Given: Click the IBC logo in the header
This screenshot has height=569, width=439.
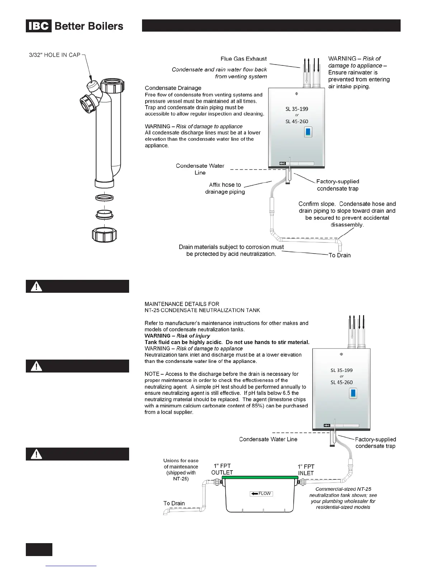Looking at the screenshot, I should tap(39, 26).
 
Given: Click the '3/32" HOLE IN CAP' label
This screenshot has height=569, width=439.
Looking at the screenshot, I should tap(55, 55).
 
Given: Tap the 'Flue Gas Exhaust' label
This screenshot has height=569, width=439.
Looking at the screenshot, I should tap(244, 59).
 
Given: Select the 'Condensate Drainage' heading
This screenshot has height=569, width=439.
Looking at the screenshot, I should tap(173, 88).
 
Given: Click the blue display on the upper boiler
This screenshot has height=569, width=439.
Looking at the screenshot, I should tap(308, 132).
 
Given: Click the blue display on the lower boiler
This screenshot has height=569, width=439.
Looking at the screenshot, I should tap(353, 394).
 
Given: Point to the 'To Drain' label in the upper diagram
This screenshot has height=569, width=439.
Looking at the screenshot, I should tap(339, 255).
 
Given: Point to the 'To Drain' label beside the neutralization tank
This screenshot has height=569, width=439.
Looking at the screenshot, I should tap(174, 503).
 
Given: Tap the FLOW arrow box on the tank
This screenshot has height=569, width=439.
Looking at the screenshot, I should tap(261, 494).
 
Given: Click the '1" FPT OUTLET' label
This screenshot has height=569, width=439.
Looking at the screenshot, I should tap(222, 469).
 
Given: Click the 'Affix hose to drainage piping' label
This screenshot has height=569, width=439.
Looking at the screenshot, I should tap(225, 188).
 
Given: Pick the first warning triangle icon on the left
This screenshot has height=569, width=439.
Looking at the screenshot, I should tap(37, 287).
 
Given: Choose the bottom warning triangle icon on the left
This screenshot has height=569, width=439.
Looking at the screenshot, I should tap(37, 454).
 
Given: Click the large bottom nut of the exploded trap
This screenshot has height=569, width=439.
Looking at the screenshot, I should tap(105, 235).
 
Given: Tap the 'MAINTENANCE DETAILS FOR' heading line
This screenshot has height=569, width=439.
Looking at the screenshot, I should tap(181, 304).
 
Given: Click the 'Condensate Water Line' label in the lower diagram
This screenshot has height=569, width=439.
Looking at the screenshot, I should tap(268, 439).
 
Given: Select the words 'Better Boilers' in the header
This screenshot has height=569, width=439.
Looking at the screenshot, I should tap(89, 26).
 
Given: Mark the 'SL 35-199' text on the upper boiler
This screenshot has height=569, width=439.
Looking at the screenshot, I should tap(297, 109).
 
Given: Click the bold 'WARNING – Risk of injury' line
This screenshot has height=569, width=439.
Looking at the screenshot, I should tap(177, 336).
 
